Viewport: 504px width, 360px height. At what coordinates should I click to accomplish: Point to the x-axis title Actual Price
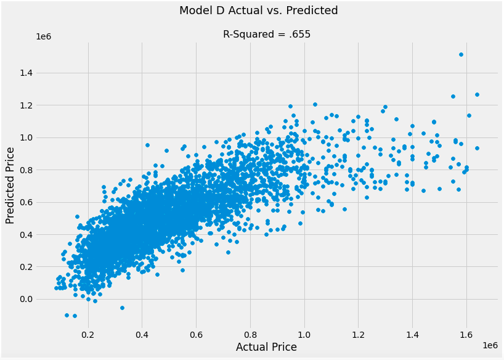[x=266, y=347]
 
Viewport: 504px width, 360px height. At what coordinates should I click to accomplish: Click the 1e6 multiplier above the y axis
[x=43, y=36]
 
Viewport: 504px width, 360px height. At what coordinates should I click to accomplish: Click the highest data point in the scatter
[x=461, y=54]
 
